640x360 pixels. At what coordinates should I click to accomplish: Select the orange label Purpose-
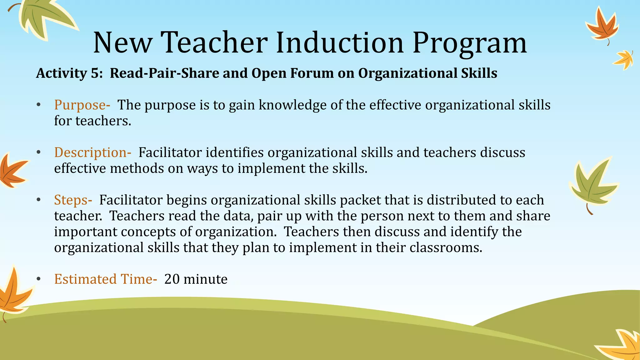(x=82, y=105)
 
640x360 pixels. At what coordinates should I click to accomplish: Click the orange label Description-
(x=92, y=153)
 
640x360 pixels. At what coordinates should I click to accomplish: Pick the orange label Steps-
(x=73, y=200)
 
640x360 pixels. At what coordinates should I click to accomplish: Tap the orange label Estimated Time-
(x=106, y=279)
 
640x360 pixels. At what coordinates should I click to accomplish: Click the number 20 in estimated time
(x=172, y=279)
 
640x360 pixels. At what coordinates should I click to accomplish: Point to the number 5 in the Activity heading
(x=96, y=73)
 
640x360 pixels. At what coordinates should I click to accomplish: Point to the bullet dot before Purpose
(x=38, y=105)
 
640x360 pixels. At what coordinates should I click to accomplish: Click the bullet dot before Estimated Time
(x=38, y=279)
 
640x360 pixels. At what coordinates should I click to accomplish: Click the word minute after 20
(x=205, y=279)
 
